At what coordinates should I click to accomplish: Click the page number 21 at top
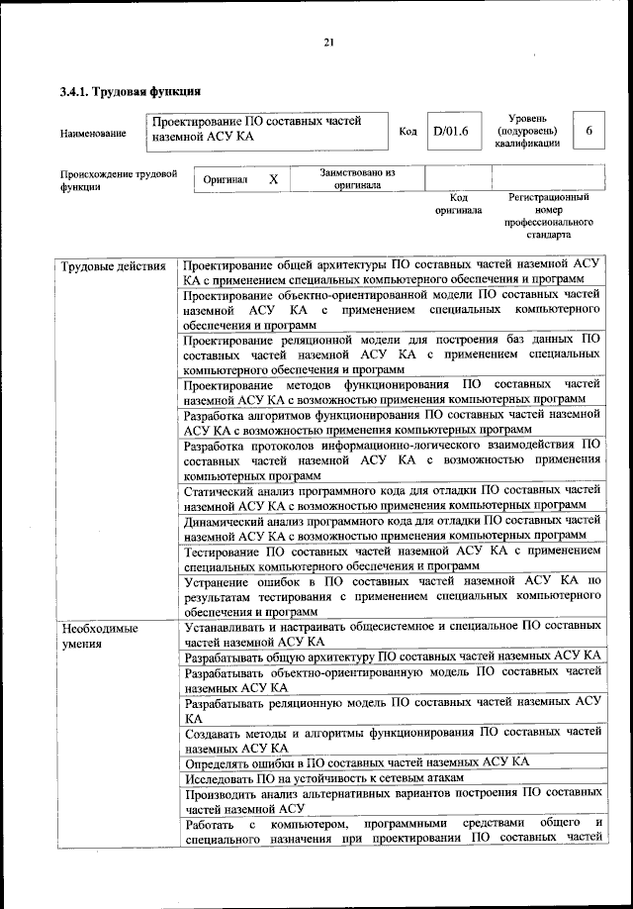point(328,41)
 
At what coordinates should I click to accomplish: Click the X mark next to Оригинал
point(274,179)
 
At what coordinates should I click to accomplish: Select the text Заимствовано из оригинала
point(357,178)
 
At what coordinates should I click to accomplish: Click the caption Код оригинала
point(458,204)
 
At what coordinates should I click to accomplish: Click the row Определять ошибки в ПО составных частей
point(356,761)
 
